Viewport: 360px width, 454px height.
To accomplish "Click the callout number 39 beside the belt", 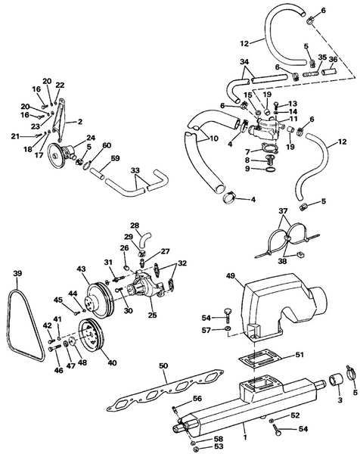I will [17, 273].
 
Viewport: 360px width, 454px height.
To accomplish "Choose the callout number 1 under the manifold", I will [244, 437].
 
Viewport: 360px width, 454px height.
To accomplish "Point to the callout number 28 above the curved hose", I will [135, 225].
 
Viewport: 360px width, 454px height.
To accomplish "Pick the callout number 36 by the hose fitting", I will [334, 60].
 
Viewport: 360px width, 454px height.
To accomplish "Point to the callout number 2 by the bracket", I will [79, 120].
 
